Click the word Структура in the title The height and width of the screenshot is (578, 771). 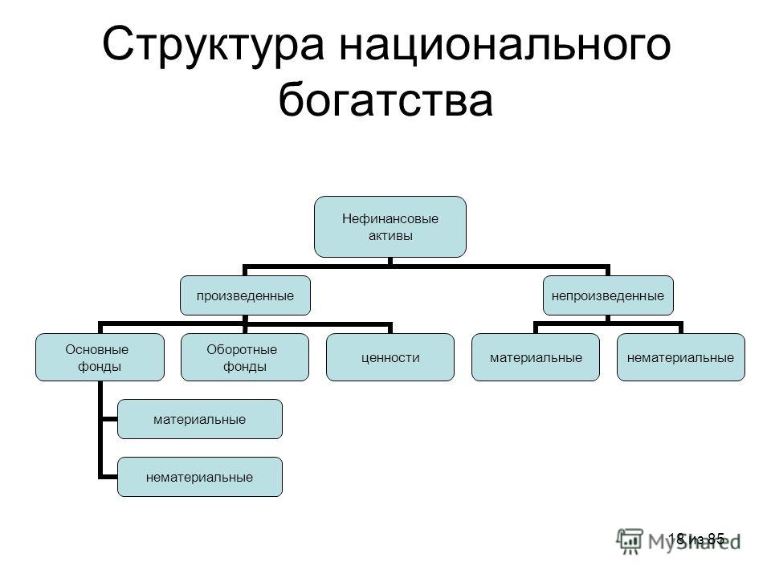[x=214, y=45]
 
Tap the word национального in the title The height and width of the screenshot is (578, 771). [x=505, y=45]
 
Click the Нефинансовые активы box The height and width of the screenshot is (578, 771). [x=390, y=226]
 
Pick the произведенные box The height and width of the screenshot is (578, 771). [x=246, y=295]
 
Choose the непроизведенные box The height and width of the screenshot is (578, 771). [x=608, y=295]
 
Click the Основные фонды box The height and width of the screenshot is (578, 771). [x=100, y=357]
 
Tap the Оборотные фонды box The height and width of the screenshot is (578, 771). [x=245, y=357]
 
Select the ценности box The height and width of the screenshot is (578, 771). [x=390, y=357]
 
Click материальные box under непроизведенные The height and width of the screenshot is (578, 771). [x=536, y=357]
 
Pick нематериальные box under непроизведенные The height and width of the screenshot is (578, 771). [x=681, y=357]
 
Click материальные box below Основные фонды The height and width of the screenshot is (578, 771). [x=200, y=419]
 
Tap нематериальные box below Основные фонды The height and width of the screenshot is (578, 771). [x=200, y=477]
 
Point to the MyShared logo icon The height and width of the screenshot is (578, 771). [x=630, y=540]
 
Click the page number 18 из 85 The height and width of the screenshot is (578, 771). [x=696, y=539]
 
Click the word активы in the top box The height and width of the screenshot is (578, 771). [x=390, y=236]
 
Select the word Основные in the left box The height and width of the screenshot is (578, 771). [x=97, y=349]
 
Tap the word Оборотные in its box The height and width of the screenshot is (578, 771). [x=242, y=349]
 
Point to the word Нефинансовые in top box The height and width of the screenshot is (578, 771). [x=390, y=218]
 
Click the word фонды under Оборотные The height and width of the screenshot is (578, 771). [x=245, y=367]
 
